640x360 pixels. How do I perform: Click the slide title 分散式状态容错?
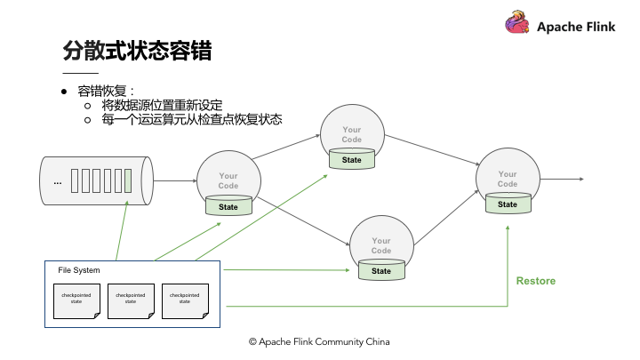click(x=137, y=50)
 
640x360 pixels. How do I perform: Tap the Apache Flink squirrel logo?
click(x=516, y=24)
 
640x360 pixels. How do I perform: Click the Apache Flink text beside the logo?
click(x=576, y=27)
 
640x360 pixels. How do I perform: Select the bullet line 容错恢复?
click(x=105, y=91)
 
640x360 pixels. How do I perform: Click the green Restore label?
click(x=535, y=281)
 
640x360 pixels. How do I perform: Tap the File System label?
click(x=79, y=270)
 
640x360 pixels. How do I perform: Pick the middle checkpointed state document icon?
click(x=130, y=300)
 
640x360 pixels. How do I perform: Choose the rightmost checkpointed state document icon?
click(x=183, y=300)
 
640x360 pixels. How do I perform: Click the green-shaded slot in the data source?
click(x=128, y=181)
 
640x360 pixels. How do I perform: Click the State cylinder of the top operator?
click(x=352, y=160)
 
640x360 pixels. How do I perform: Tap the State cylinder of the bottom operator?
click(x=381, y=271)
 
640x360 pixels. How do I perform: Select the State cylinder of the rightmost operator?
click(x=508, y=204)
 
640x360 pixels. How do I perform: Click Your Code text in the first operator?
click(x=228, y=181)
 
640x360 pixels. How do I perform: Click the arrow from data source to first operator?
click(x=173, y=181)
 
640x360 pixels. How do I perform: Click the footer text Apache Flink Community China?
click(x=319, y=341)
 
